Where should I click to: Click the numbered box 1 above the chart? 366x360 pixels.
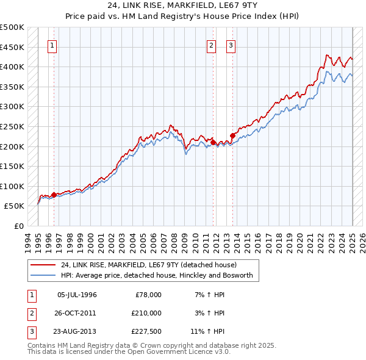(52, 45)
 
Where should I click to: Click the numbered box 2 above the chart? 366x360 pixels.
(211, 45)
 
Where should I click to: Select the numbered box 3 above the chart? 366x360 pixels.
(231, 45)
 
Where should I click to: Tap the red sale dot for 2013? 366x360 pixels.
(232, 135)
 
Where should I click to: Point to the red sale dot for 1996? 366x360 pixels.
(54, 195)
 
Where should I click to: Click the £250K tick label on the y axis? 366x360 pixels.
(12, 126)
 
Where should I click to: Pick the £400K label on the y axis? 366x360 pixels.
(12, 67)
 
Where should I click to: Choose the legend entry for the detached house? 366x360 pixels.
(152, 265)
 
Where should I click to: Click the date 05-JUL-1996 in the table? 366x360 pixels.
(77, 295)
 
